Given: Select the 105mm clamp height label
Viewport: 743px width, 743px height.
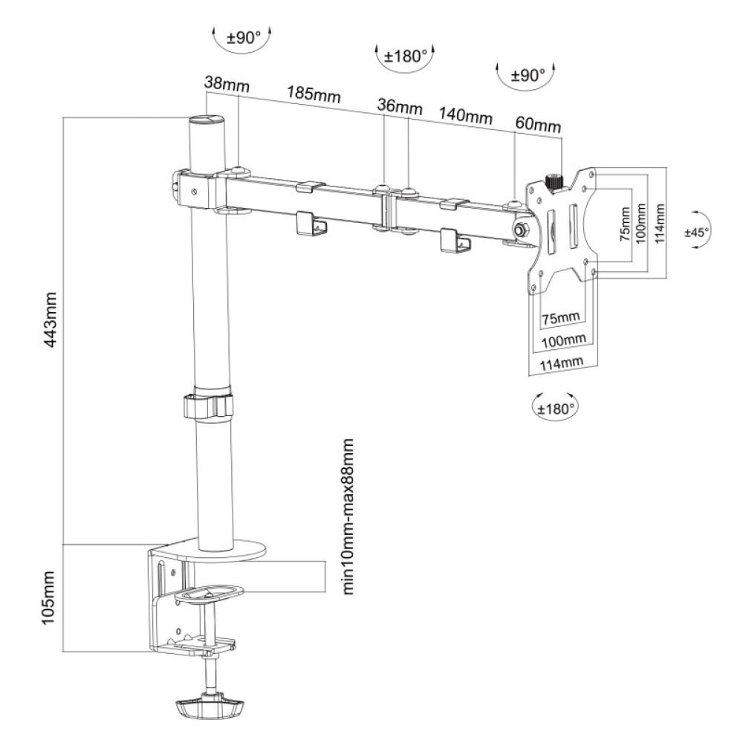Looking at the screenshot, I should pos(51,599).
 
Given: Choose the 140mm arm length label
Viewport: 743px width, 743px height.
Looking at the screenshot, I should pos(466,117).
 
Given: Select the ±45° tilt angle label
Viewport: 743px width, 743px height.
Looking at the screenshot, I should pos(697,232).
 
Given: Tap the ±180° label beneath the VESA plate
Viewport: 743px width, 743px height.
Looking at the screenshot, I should pos(557,406).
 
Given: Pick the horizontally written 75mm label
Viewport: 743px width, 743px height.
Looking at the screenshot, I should pos(559,319).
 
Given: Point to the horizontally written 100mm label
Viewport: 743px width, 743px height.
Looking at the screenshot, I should pos(563,340).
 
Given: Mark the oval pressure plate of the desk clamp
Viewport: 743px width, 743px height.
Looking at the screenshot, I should pos(210,593).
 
